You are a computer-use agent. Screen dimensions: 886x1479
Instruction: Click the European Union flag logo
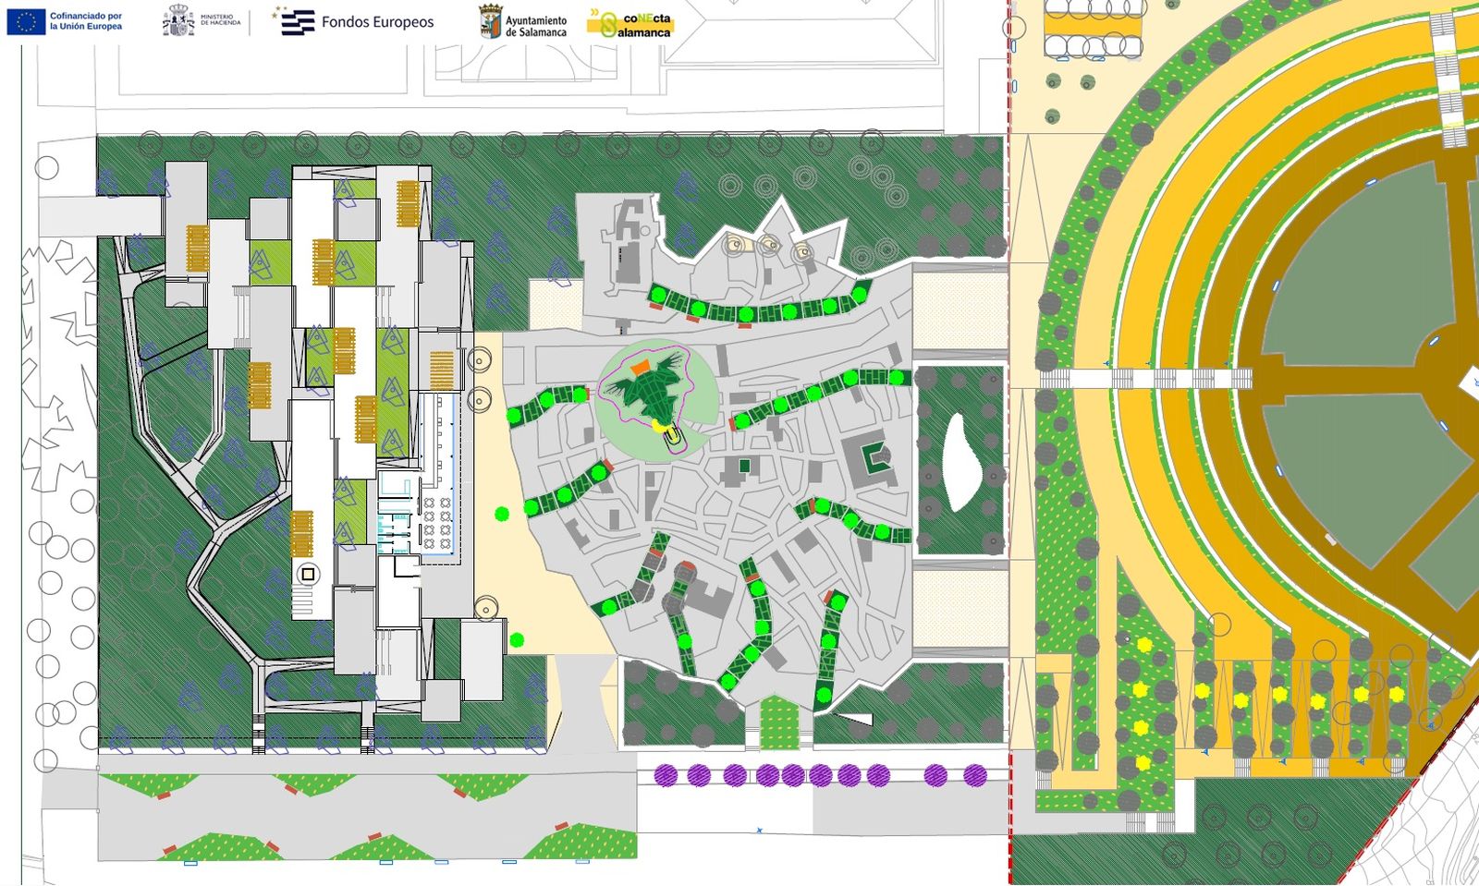tap(26, 21)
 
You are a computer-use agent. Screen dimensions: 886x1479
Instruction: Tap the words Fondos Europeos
tap(377, 22)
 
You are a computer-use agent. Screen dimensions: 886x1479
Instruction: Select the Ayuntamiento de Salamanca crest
tap(490, 21)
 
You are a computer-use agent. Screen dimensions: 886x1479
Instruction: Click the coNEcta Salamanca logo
tap(632, 24)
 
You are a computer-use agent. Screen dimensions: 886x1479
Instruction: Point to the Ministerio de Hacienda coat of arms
tap(178, 20)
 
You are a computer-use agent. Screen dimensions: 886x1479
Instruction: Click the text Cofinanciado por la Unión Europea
tap(85, 21)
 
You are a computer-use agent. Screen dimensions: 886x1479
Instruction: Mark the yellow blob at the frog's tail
tap(660, 425)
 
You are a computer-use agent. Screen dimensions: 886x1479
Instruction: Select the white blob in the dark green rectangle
tap(960, 461)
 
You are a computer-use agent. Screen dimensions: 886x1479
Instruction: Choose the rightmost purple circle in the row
tap(975, 775)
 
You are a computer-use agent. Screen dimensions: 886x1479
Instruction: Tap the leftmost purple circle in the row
tap(666, 775)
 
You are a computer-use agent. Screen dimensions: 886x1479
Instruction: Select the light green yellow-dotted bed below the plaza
tap(778, 722)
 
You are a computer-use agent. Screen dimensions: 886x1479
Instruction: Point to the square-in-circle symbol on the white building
tap(308, 574)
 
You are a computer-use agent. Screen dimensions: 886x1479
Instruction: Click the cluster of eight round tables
tap(437, 524)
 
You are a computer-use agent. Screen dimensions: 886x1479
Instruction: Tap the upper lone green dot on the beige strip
tap(502, 514)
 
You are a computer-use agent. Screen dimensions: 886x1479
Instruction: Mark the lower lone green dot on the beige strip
tap(517, 639)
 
